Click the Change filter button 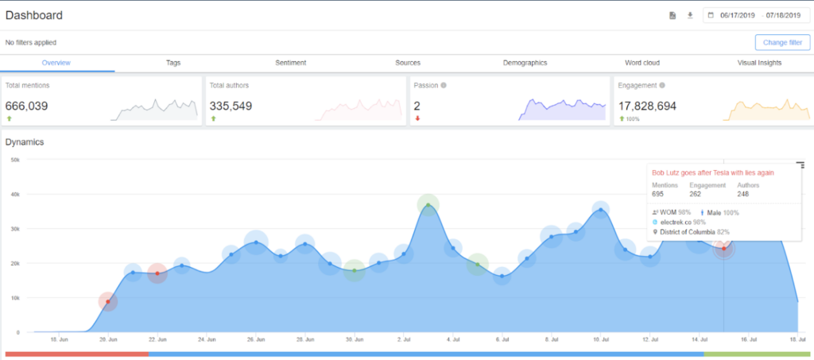[782, 42]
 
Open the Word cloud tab [642, 63]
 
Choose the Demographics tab [525, 63]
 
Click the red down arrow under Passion [417, 119]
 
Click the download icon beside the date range [690, 15]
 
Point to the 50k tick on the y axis [14, 160]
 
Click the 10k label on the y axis [14, 298]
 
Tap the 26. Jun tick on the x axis [256, 340]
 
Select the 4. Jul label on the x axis [453, 340]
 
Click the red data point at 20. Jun [108, 302]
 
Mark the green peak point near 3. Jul [428, 205]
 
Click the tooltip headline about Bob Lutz [713, 172]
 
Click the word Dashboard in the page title [34, 15]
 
